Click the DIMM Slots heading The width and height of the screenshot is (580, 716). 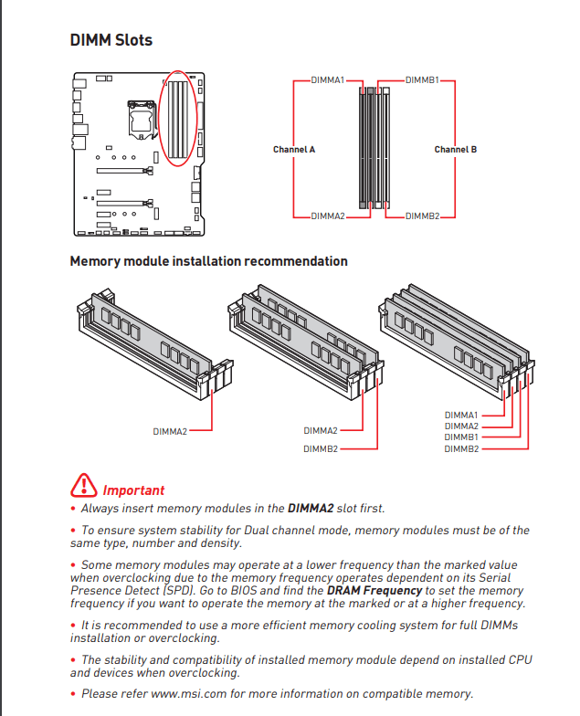pyautogui.click(x=111, y=40)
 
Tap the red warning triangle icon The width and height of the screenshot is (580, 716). pyautogui.click(x=83, y=485)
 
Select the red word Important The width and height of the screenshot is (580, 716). pyautogui.click(x=133, y=490)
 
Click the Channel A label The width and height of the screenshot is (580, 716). pyautogui.click(x=294, y=149)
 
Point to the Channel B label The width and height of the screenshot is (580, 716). pyautogui.click(x=455, y=149)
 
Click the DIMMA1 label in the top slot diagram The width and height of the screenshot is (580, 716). pyautogui.click(x=327, y=80)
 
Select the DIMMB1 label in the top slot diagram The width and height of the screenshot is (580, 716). pyautogui.click(x=423, y=80)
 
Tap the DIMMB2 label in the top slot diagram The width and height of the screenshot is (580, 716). pyautogui.click(x=423, y=216)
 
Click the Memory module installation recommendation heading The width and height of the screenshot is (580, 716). pyautogui.click(x=208, y=261)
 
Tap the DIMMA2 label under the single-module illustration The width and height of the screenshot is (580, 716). pyautogui.click(x=170, y=430)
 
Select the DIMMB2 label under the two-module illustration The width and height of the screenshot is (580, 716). pyautogui.click(x=321, y=448)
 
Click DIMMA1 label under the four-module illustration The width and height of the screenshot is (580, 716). pyautogui.click(x=461, y=415)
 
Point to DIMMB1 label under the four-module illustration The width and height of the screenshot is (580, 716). pyautogui.click(x=461, y=437)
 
